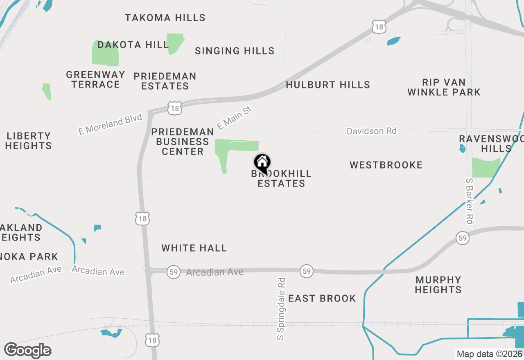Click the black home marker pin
click(262, 163)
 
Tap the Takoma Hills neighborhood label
click(165, 18)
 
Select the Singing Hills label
click(235, 51)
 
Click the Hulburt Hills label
click(328, 85)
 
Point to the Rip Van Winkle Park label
click(444, 87)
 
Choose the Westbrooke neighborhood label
click(386, 165)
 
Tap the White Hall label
click(194, 248)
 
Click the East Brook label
click(322, 298)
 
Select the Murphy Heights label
click(438, 285)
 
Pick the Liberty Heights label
click(29, 141)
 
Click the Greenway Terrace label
click(95, 79)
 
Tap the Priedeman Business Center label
click(183, 142)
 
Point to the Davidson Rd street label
click(371, 131)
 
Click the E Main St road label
click(234, 119)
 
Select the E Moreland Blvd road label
click(110, 124)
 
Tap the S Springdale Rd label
click(281, 309)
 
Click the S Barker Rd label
click(470, 200)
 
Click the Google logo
click(27, 350)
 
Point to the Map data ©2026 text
click(489, 354)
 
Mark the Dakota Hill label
click(133, 45)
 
